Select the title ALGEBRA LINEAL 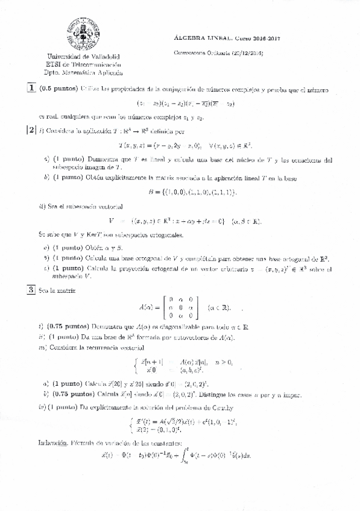(200, 37)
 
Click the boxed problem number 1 (31, 89)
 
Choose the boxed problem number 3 (31, 290)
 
